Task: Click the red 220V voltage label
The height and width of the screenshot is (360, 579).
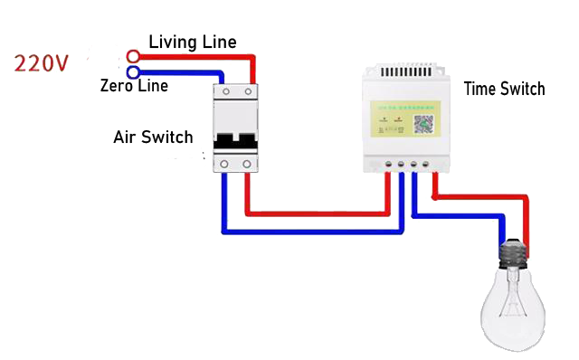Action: (x=41, y=63)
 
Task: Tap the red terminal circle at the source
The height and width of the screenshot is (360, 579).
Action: (x=133, y=55)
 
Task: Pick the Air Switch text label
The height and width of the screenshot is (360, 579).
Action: (x=154, y=138)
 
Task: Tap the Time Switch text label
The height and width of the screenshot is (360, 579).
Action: (x=504, y=89)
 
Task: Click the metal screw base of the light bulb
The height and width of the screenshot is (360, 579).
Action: (x=513, y=255)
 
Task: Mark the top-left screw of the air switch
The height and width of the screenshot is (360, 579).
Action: (x=224, y=93)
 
